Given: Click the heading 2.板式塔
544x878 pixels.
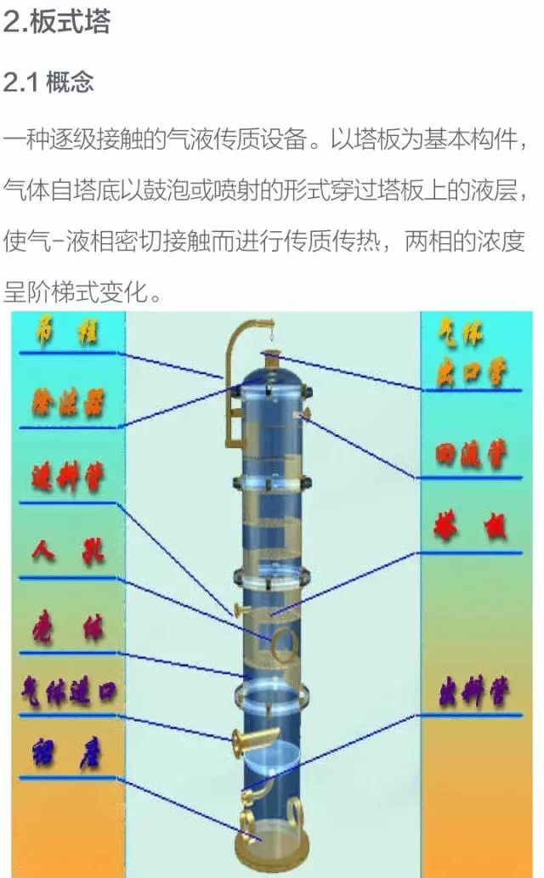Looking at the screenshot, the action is click(56, 22).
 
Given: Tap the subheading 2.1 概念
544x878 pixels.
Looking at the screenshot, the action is click(48, 82).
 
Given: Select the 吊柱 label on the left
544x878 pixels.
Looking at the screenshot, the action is click(67, 330).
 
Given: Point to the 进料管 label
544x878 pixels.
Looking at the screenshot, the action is click(67, 479).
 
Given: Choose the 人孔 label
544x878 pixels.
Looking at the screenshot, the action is click(68, 553).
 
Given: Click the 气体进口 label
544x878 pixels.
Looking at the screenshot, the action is click(68, 695).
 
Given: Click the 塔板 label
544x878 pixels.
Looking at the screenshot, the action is click(470, 528).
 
